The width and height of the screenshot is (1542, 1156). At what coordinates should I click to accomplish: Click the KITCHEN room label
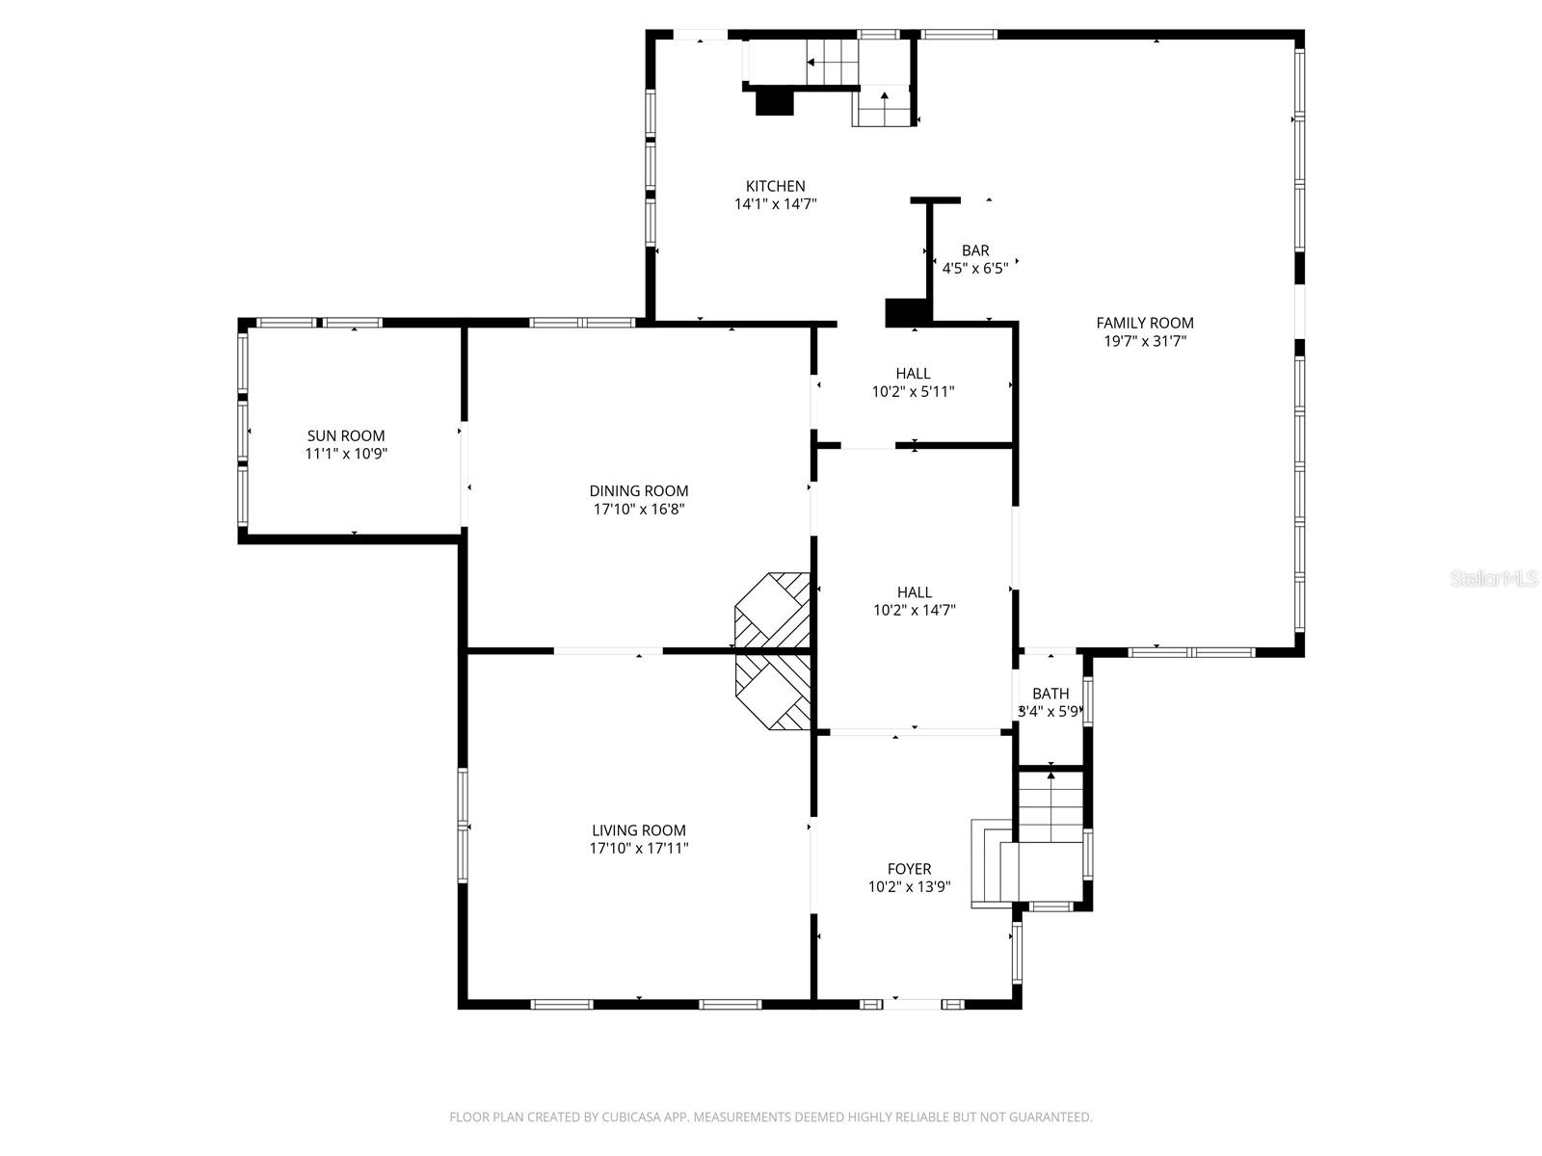pos(775,186)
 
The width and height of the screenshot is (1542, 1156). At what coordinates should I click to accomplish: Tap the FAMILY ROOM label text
pos(1144,323)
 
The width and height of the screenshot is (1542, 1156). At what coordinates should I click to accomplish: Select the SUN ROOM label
pos(346,435)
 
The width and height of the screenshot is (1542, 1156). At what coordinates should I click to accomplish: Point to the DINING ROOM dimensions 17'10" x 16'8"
pos(639,509)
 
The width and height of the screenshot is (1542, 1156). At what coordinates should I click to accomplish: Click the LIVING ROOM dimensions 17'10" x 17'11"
pos(639,848)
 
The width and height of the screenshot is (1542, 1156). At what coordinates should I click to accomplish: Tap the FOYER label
pos(909,869)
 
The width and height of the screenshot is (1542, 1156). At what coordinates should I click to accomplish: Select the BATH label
pos(1050,694)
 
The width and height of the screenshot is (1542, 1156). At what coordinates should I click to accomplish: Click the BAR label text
pos(974,250)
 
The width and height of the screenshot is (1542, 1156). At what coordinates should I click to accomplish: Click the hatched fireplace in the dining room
pos(774,611)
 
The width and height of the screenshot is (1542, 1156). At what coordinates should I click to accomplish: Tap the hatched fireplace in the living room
pos(774,692)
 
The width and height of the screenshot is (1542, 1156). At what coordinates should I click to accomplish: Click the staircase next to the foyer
pos(1050,809)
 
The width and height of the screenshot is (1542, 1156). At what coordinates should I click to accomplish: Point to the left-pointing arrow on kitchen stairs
pos(811,63)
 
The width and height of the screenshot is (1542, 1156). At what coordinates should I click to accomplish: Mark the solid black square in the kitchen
pos(773,101)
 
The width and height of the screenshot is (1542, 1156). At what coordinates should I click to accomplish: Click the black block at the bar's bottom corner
pos(905,312)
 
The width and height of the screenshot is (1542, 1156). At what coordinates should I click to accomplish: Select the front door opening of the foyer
pos(913,1004)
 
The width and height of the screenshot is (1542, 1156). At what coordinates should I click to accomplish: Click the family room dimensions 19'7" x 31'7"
pos(1144,340)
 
